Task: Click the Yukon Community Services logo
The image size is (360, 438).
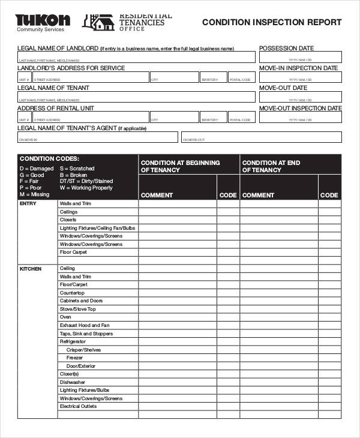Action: click(42, 22)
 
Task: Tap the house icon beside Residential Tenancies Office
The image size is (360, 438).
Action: click(100, 22)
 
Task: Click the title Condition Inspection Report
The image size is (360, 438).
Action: click(272, 22)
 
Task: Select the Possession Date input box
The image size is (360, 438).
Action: click(300, 57)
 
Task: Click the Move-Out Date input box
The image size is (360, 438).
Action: click(300, 97)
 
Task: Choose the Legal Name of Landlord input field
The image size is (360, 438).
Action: click(137, 57)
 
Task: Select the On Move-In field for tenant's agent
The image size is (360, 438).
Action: click(97, 137)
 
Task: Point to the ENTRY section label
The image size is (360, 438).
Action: click(28, 203)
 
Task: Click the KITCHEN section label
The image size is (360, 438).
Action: click(31, 269)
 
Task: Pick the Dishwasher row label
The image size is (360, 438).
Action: click(72, 382)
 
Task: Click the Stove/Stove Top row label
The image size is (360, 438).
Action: click(77, 309)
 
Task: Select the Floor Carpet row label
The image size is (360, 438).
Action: click(73, 252)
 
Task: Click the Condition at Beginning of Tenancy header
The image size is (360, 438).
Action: click(180, 166)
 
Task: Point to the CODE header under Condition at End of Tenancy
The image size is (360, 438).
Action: click(329, 195)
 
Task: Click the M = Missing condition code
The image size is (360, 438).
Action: click(34, 194)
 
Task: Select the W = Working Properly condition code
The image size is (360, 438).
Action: click(86, 188)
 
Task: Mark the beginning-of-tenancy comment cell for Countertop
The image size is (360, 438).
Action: click(177, 293)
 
